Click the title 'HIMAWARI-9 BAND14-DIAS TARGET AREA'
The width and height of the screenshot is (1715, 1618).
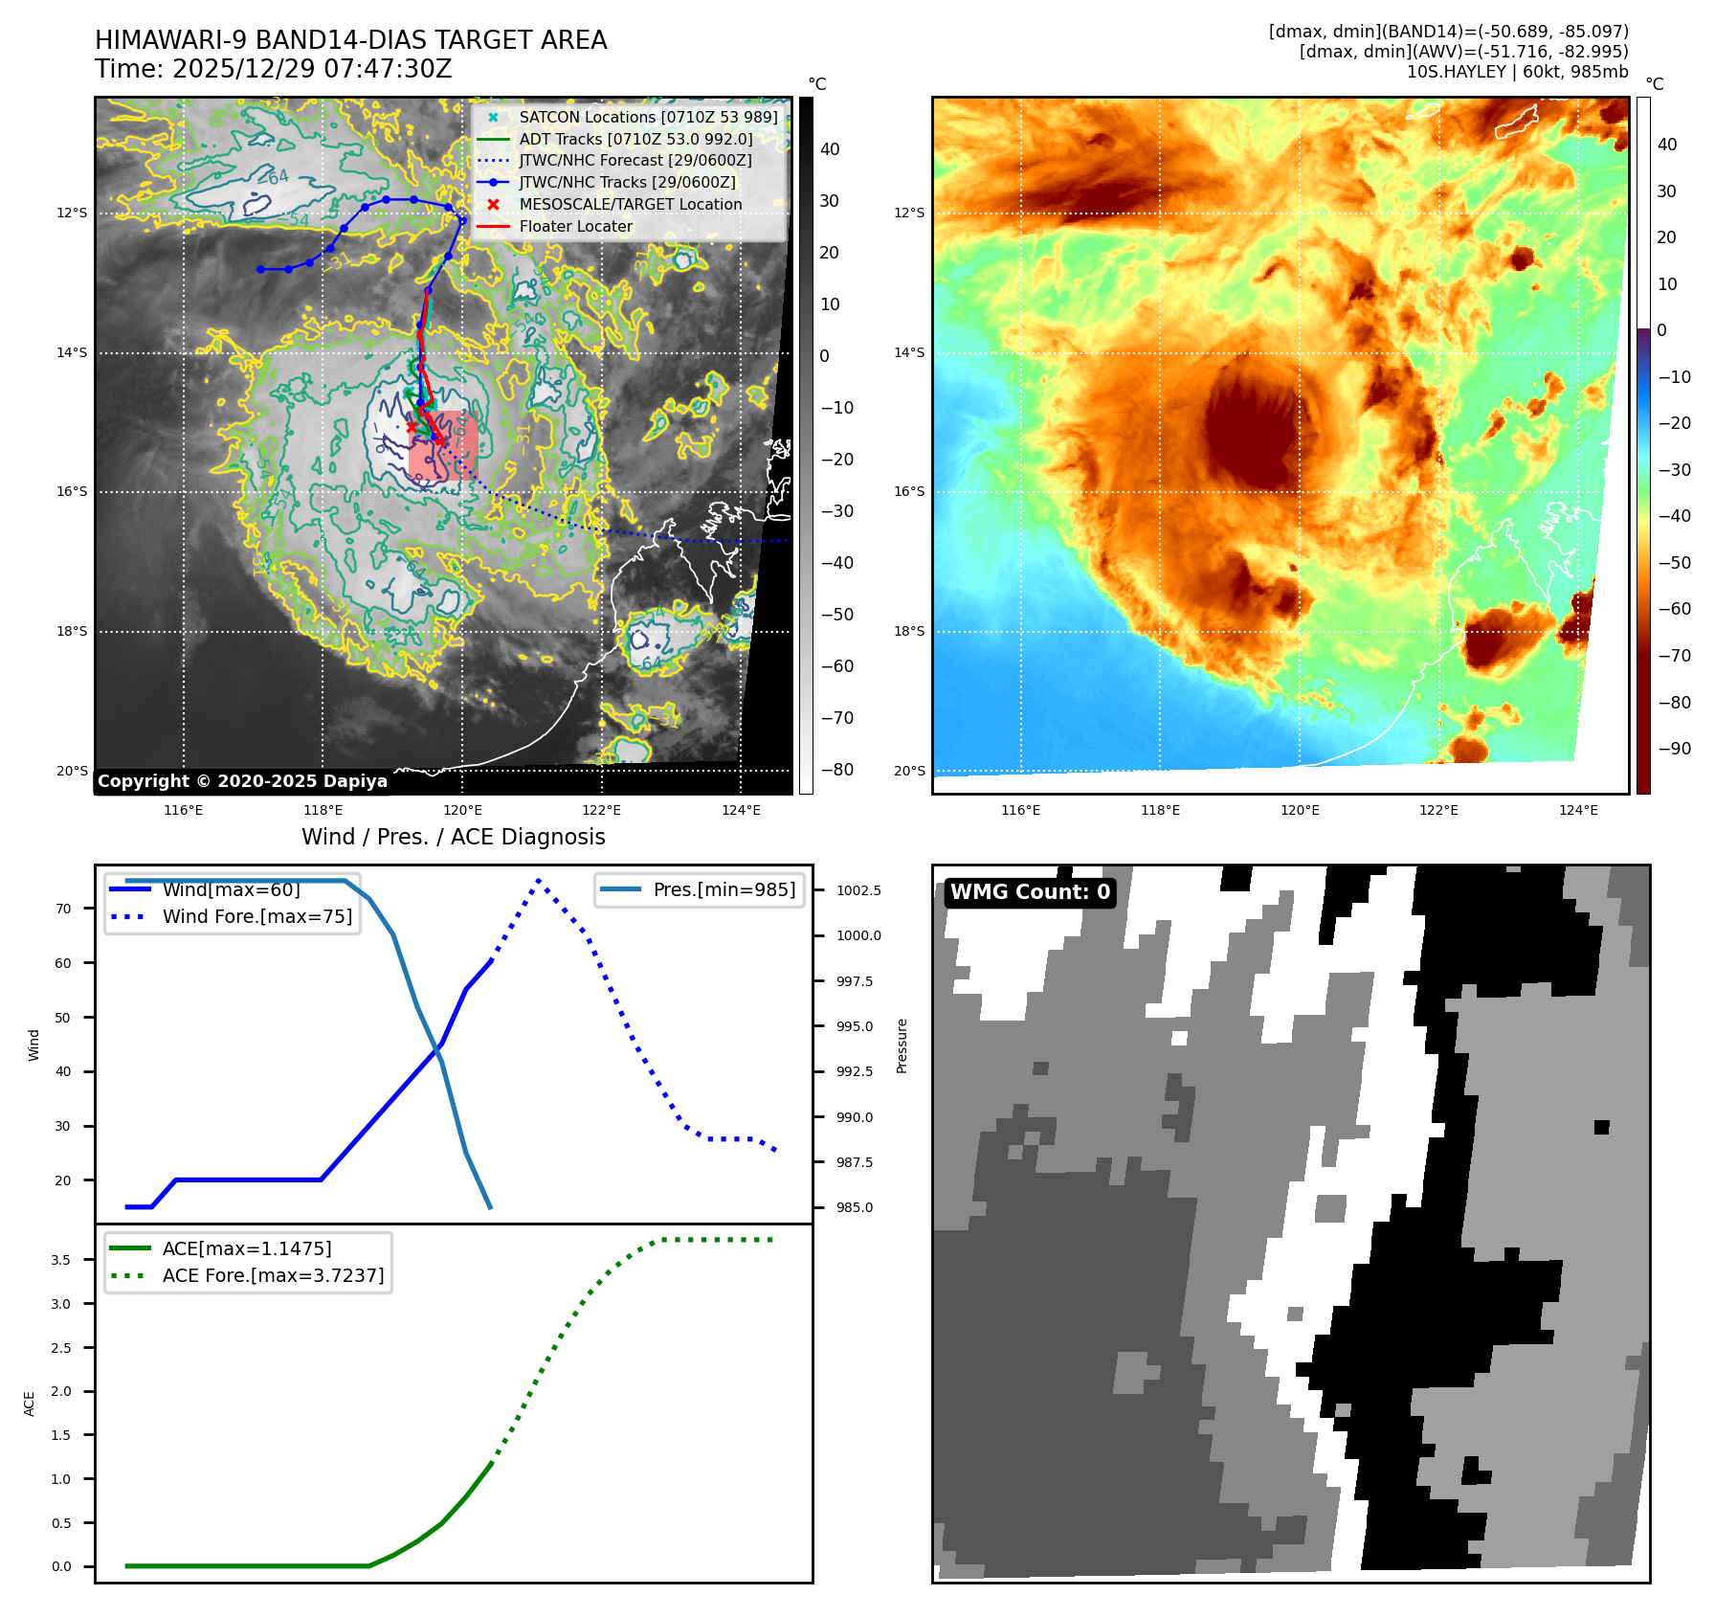(x=350, y=40)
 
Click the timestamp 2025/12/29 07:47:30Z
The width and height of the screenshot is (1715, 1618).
(x=273, y=70)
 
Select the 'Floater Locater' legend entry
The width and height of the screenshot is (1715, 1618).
(x=575, y=227)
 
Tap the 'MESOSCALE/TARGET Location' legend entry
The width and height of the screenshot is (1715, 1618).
(x=630, y=205)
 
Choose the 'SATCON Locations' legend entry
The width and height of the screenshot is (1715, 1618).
(x=648, y=118)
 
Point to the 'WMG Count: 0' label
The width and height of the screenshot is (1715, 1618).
(x=1030, y=892)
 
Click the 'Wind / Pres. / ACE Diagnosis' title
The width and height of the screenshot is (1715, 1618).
(x=453, y=838)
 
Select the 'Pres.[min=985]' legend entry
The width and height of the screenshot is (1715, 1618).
(x=724, y=890)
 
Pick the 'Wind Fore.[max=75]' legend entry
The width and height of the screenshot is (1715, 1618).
(x=256, y=917)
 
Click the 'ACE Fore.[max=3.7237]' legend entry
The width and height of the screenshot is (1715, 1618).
(x=273, y=1276)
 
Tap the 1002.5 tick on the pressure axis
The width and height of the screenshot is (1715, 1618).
(x=858, y=890)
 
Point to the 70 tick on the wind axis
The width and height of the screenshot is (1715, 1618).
(x=63, y=909)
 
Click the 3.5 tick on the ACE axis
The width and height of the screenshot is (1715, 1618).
(x=61, y=1260)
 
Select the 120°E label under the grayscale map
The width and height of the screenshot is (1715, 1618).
(x=462, y=811)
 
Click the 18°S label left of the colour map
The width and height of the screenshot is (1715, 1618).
(x=909, y=632)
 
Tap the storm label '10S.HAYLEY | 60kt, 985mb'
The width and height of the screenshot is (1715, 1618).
(x=1517, y=72)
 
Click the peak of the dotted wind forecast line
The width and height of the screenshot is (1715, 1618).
(x=539, y=880)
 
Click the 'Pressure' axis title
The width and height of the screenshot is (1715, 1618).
(x=902, y=1045)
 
